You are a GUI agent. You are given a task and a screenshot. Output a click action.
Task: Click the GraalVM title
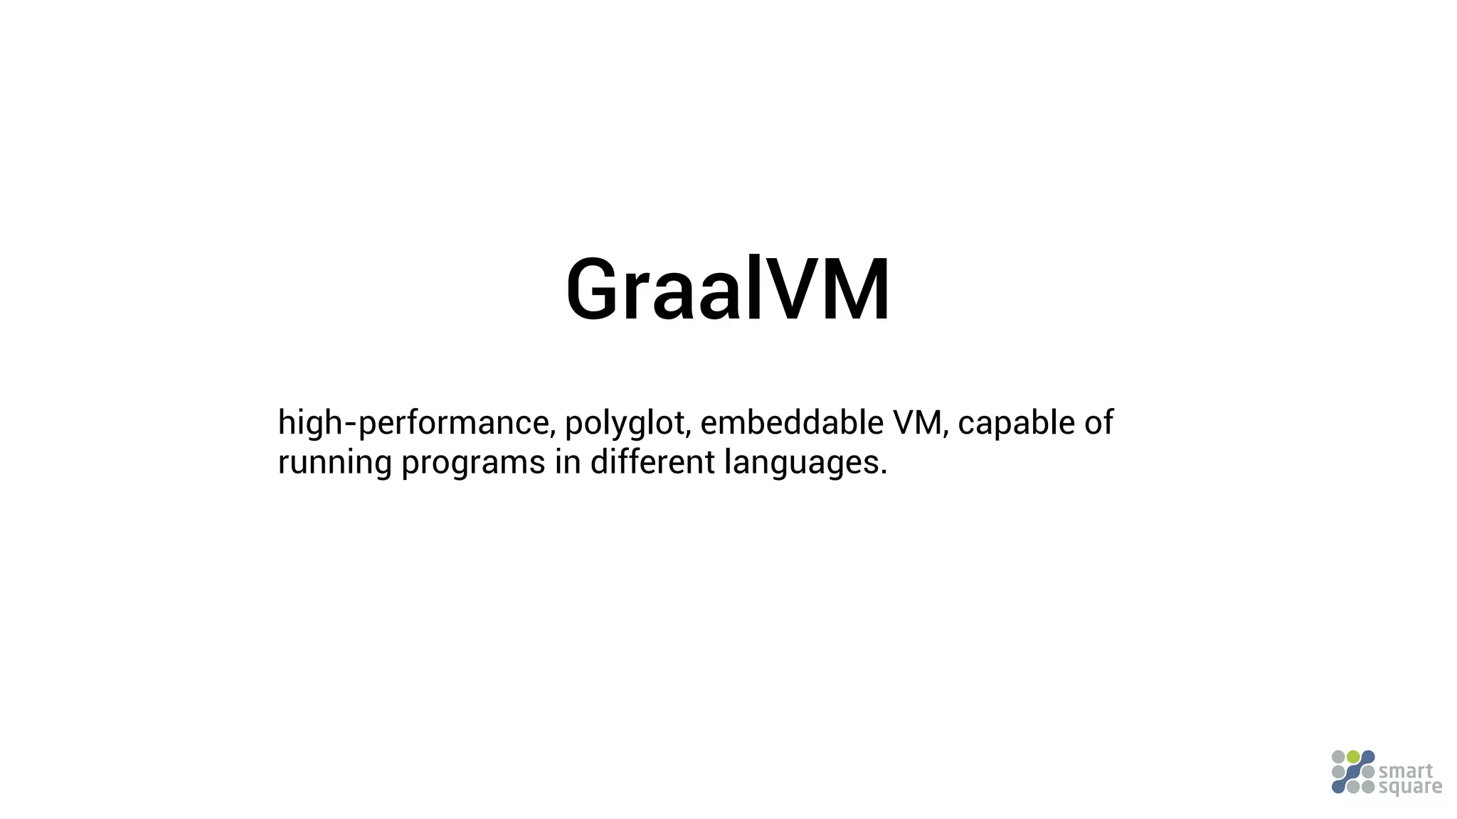[x=727, y=290]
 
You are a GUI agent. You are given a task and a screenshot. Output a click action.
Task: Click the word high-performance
[x=413, y=424]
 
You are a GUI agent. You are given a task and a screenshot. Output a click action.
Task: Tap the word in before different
[x=568, y=462]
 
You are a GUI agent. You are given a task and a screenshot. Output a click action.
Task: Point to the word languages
[x=802, y=463]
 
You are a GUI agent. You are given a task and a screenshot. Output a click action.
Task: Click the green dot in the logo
[x=1353, y=757]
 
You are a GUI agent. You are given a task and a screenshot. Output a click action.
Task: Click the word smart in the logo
[x=1406, y=771]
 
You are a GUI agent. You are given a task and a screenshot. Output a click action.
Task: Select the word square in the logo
[x=1410, y=787]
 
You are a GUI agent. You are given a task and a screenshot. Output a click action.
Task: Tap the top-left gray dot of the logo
[x=1338, y=757]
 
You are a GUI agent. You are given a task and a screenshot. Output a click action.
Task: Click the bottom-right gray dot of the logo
[x=1367, y=787]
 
